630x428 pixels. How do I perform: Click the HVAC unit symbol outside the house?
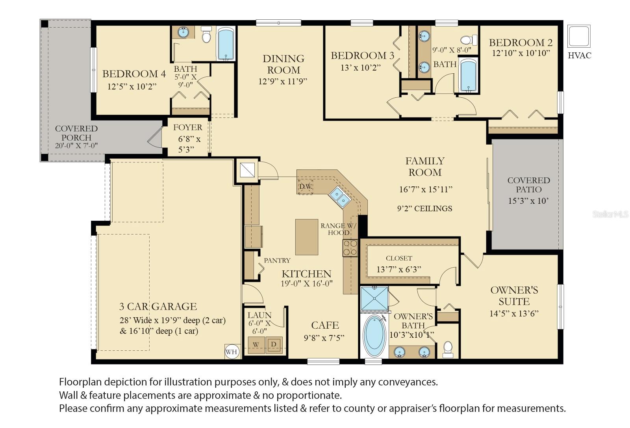pyautogui.click(x=578, y=36)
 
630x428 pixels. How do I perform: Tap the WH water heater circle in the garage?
pyautogui.click(x=232, y=352)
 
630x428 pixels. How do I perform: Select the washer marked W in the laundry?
pyautogui.click(x=256, y=345)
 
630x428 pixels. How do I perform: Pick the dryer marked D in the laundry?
pyautogui.click(x=274, y=344)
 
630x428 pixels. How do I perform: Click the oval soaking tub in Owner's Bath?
pyautogui.click(x=374, y=336)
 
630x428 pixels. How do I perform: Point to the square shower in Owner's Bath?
pyautogui.click(x=374, y=298)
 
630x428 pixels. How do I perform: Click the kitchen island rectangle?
pyautogui.click(x=307, y=237)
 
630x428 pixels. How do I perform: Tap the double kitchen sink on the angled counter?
pyautogui.click(x=340, y=197)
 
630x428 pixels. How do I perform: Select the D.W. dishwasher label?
pyautogui.click(x=306, y=186)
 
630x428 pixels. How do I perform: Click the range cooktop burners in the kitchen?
pyautogui.click(x=350, y=248)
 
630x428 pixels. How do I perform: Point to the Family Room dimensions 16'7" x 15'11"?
pyautogui.click(x=426, y=190)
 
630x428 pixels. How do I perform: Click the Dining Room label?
pyautogui.click(x=283, y=64)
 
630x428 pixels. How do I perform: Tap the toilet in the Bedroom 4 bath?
pyautogui.click(x=206, y=34)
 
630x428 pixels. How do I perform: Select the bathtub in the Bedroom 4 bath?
pyautogui.click(x=226, y=43)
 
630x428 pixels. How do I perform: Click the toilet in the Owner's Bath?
pyautogui.click(x=448, y=350)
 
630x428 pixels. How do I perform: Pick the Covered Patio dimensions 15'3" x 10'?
pyautogui.click(x=528, y=201)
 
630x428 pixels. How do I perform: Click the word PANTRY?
pyautogui.click(x=277, y=261)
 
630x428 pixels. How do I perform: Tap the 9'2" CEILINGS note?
pyautogui.click(x=425, y=208)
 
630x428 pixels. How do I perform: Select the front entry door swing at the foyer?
pyautogui.click(x=155, y=137)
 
